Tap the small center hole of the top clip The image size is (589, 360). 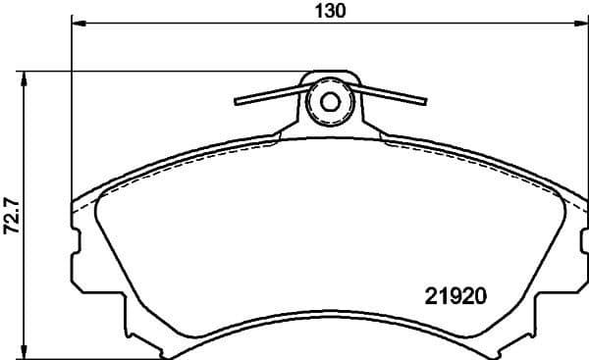pyautogui.click(x=330, y=101)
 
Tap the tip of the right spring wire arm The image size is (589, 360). pyautogui.click(x=425, y=99)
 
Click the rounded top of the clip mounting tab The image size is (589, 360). pyautogui.click(x=330, y=75)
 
